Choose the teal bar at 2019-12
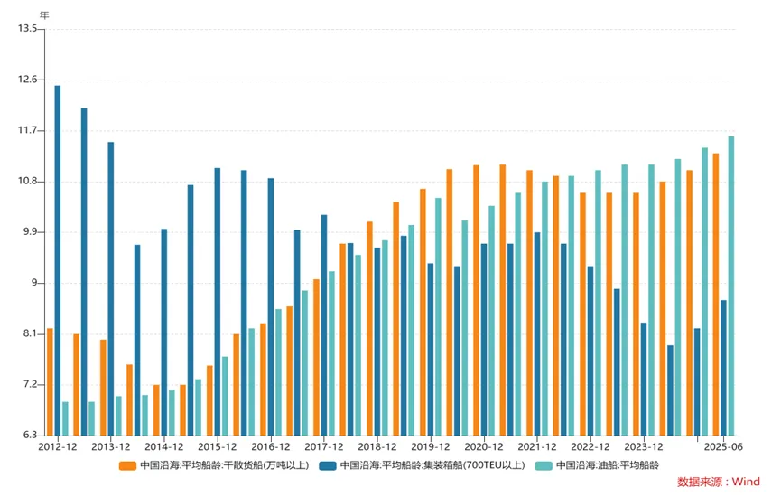tap(438, 316)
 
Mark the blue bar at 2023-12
tap(644, 379)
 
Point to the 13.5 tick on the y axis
tap(27, 29)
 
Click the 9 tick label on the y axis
tap(33, 284)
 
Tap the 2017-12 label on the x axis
tap(324, 447)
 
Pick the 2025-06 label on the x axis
tap(723, 447)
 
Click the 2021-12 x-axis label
tap(537, 447)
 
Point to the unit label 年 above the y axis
tap(45, 14)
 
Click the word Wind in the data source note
tap(746, 483)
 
